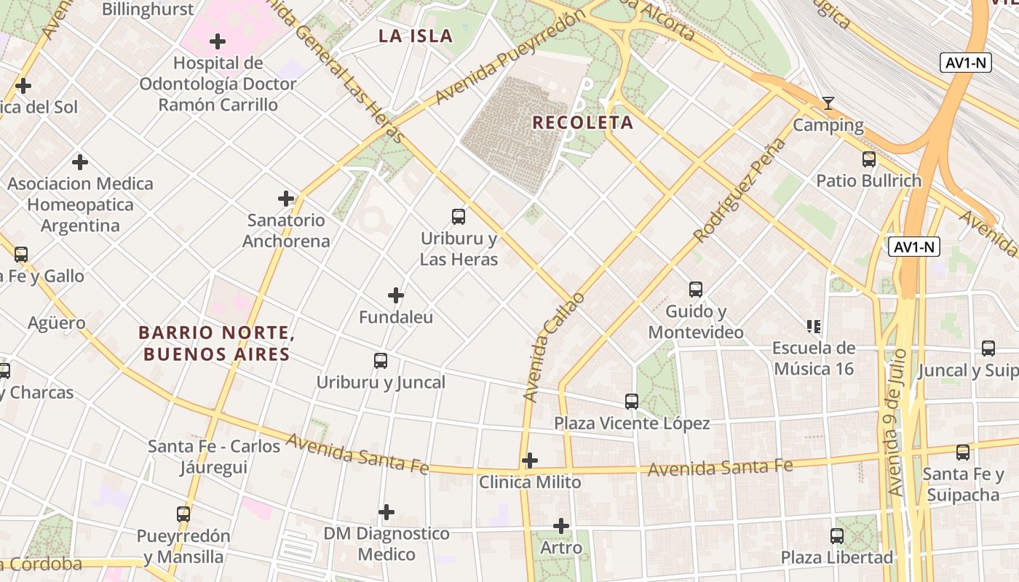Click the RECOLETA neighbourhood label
(582, 122)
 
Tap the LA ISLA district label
(416, 36)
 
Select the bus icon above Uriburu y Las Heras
(459, 216)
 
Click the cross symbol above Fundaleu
(396, 295)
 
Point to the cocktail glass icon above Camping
(828, 103)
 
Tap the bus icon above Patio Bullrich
(868, 159)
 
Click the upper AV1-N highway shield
(966, 63)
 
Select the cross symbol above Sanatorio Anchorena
(286, 198)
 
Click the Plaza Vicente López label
(632, 423)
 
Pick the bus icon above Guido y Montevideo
(696, 290)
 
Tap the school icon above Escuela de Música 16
(813, 326)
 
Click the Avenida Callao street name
(554, 347)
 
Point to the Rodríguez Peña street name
(740, 190)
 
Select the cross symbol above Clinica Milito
(530, 461)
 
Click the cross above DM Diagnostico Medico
(386, 512)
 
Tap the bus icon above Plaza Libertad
(837, 536)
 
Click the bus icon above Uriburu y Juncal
(381, 361)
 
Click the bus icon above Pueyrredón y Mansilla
(183, 514)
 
